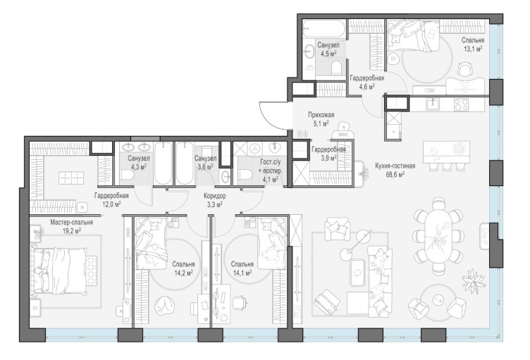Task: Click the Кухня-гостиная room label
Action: click(x=395, y=166)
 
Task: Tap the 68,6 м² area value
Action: click(x=395, y=174)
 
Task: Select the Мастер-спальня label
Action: click(x=72, y=223)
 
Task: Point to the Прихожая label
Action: click(x=321, y=116)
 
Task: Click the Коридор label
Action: click(x=215, y=196)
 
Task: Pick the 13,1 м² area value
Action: click(x=473, y=49)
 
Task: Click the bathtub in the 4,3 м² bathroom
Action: click(x=164, y=163)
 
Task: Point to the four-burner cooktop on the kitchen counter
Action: click(x=461, y=104)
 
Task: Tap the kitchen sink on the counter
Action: click(x=432, y=104)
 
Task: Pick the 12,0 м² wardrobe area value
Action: click(x=112, y=204)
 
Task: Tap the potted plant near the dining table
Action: click(x=473, y=278)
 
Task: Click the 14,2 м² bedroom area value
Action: click(x=183, y=272)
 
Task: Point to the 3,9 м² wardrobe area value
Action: click(x=328, y=158)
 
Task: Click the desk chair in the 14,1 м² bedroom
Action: click(x=240, y=302)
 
